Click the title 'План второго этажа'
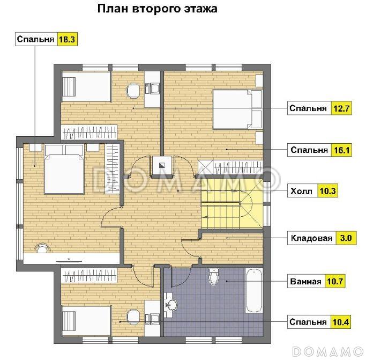156,9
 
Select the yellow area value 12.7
341,108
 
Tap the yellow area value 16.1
341,150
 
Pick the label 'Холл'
301,190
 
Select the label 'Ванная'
305,281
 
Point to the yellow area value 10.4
341,322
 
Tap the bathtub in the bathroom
254,291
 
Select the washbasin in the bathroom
171,305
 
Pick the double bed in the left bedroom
64,168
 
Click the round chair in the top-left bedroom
132,91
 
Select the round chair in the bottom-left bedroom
132,318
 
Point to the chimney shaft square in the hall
161,165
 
